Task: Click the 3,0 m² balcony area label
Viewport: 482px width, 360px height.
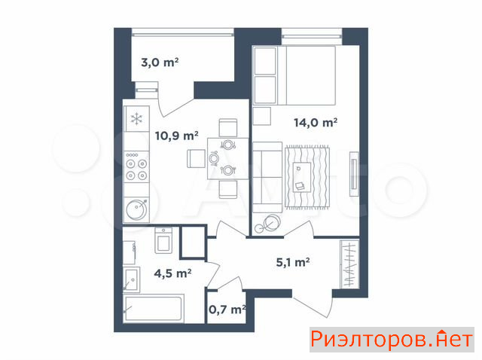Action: pos(160,63)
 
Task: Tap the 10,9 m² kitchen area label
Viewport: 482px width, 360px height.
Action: pos(176,136)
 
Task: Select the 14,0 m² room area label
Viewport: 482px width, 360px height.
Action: pos(316,123)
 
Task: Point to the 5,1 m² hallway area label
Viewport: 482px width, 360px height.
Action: pos(293,262)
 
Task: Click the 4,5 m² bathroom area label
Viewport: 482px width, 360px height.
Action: pos(172,273)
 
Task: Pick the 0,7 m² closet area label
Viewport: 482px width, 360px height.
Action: pos(227,310)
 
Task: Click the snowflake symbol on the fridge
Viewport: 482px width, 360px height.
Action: pos(136,119)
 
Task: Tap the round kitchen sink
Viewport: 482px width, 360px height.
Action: pos(136,209)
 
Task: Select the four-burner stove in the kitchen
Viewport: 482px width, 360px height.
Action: pos(136,167)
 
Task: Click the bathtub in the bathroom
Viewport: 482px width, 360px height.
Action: pos(154,308)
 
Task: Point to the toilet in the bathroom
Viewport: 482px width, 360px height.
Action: pos(163,240)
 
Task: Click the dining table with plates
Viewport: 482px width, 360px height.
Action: pos(227,158)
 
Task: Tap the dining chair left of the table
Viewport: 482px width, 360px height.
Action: pos(196,159)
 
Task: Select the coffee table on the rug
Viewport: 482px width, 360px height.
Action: pos(302,177)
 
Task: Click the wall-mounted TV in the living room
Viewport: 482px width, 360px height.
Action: pos(354,174)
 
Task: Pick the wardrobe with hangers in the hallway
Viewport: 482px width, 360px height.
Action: pos(349,264)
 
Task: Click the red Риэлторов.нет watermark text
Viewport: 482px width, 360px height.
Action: pos(392,340)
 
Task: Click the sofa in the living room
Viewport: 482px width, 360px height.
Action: pos(267,177)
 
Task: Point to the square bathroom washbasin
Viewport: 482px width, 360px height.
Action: pos(131,279)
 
